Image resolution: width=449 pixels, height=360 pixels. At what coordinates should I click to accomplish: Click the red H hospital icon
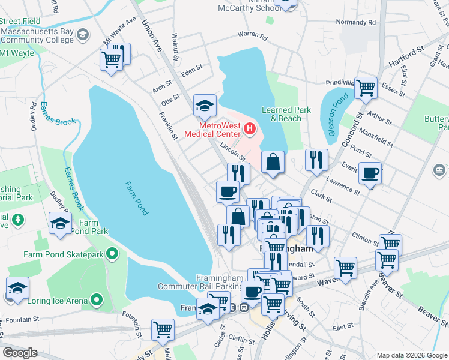[249, 128]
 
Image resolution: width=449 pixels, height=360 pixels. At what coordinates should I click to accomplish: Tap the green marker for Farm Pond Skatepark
[112, 255]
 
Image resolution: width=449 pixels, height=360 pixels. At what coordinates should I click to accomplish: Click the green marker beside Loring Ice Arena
[96, 300]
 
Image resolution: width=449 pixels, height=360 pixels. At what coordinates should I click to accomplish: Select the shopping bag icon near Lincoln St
[273, 162]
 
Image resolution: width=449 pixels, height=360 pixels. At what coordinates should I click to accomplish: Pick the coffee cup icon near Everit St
[370, 173]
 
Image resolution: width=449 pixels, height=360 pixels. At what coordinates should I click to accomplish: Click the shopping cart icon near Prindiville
[366, 88]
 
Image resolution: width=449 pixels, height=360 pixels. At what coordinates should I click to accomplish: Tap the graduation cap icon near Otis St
[205, 106]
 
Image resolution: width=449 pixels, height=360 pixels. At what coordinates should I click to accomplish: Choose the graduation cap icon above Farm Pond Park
[60, 223]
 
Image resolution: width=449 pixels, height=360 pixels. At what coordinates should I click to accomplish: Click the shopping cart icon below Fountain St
[163, 329]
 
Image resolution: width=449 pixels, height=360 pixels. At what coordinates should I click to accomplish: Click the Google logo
[20, 353]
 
